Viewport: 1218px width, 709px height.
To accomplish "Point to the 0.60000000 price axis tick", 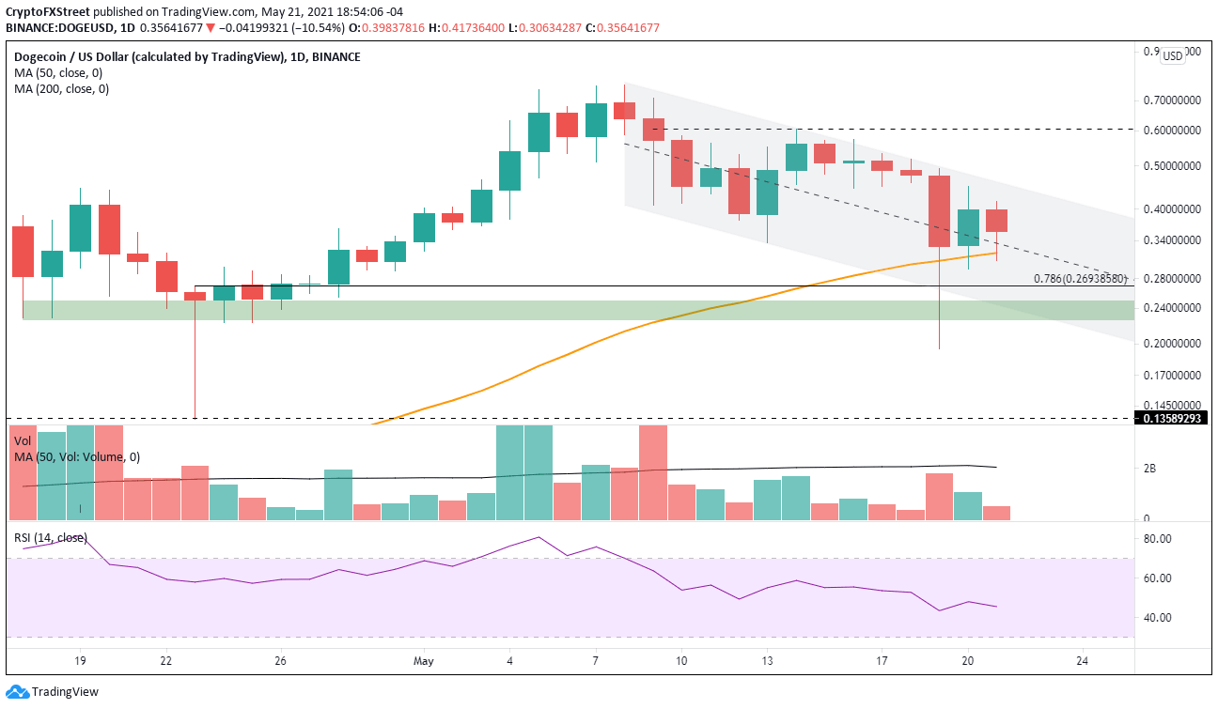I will pos(1170,130).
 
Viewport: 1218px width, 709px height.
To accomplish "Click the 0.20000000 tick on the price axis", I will pos(1170,344).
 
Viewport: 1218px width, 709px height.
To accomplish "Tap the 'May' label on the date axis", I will pos(424,661).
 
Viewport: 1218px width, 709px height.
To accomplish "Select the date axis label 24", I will pos(1082,661).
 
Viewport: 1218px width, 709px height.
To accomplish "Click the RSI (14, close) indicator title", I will pos(49,538).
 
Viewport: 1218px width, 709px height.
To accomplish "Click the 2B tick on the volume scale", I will pos(1148,469).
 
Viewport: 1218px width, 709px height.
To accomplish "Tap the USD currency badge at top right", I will pos(1172,56).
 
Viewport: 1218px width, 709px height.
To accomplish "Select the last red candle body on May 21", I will pos(996,221).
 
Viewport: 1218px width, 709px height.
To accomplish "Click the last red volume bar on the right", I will pos(996,513).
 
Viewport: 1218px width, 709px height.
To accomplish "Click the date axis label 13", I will pos(767,661).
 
